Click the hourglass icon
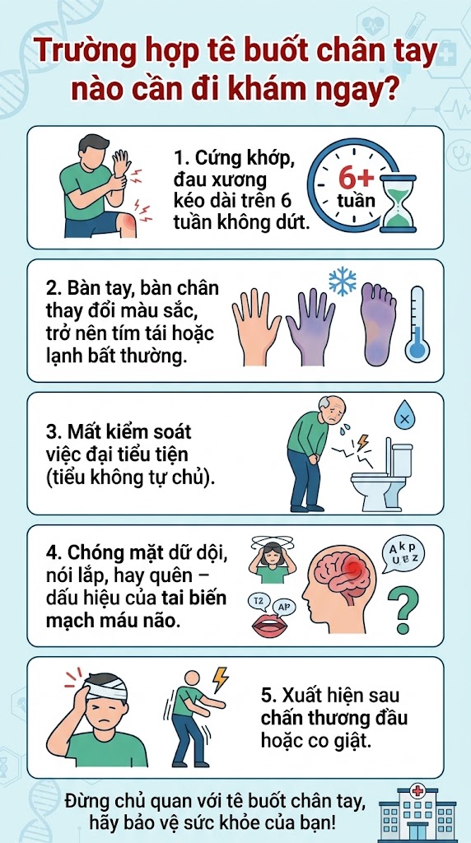tap(398, 204)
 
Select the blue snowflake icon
tap(343, 282)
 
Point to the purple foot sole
tap(379, 323)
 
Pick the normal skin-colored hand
tap(255, 324)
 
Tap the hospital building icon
tap(417, 814)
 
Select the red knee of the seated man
tap(127, 224)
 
